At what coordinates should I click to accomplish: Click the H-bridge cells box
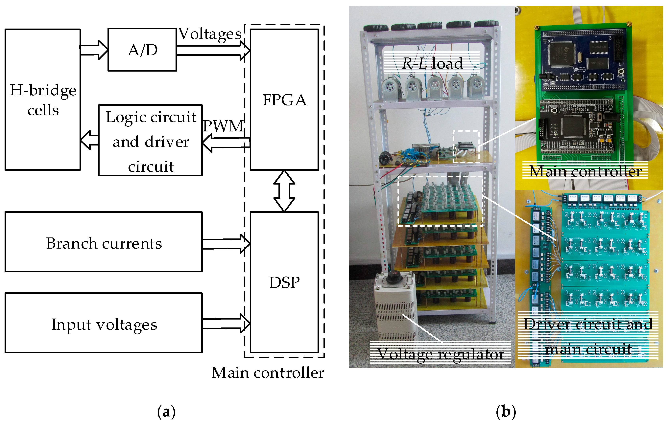43,100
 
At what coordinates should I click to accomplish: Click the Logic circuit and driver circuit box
150,141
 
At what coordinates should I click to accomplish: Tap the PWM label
223,126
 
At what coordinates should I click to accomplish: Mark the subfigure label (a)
166,412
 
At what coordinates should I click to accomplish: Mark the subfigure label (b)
506,412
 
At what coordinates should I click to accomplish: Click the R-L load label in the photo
433,63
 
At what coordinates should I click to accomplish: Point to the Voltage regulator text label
441,354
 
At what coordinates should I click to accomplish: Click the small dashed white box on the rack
466,146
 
